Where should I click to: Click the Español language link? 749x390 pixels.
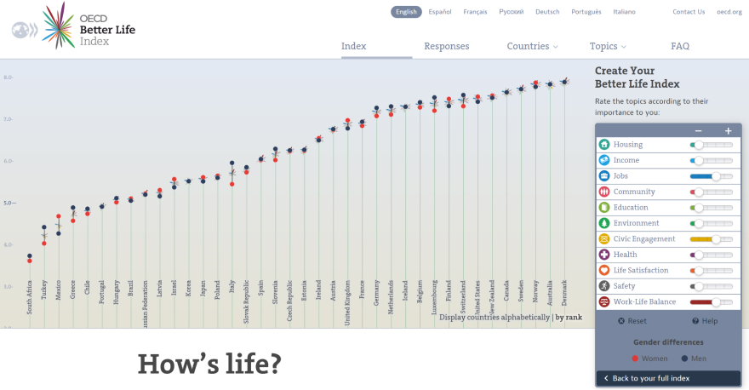pos(440,12)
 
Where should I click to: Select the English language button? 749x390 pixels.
pos(407,12)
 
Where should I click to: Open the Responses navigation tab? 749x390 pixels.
pos(447,47)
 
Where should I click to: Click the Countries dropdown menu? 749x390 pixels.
pos(532,47)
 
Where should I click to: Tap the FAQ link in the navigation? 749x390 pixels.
pos(680,47)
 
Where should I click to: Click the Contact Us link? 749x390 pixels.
pos(689,12)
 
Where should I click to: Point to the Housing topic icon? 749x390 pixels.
pos(604,145)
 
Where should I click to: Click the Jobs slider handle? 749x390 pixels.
pos(716,176)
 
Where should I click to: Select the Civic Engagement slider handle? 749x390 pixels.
pos(716,239)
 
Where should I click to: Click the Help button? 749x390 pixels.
pos(706,321)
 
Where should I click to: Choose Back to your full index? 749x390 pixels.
pos(650,378)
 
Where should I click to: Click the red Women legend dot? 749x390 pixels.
pos(635,358)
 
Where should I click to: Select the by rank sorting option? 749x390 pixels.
pos(569,317)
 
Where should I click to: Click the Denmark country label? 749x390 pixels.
pos(564,294)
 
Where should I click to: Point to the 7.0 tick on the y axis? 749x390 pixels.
pos(9,119)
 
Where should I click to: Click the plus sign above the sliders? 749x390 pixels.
pos(729,131)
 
